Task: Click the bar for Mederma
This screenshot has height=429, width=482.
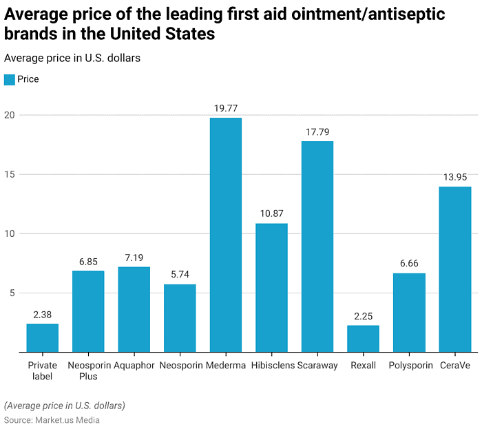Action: [x=225, y=235]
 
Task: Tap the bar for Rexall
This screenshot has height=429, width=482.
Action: [x=363, y=338]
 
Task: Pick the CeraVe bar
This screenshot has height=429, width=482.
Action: [x=454, y=269]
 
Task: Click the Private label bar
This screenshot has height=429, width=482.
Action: [x=43, y=337]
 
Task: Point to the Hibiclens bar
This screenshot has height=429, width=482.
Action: [x=271, y=288]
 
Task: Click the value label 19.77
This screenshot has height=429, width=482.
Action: [x=225, y=108]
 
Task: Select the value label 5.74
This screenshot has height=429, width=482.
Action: [x=180, y=274]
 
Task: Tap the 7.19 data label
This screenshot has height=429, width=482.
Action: [x=134, y=257]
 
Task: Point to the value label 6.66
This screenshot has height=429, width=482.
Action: [x=409, y=263]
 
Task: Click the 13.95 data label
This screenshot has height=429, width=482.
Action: [x=454, y=177]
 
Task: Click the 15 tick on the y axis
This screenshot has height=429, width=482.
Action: [x=10, y=175]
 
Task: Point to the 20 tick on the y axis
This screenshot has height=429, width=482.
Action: [x=10, y=116]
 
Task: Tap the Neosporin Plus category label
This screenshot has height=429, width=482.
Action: [x=88, y=370]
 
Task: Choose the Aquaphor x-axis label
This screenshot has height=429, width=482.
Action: [x=134, y=366]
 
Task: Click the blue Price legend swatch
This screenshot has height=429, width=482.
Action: [x=9, y=79]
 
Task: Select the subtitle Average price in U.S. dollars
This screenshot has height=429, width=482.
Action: [x=72, y=58]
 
